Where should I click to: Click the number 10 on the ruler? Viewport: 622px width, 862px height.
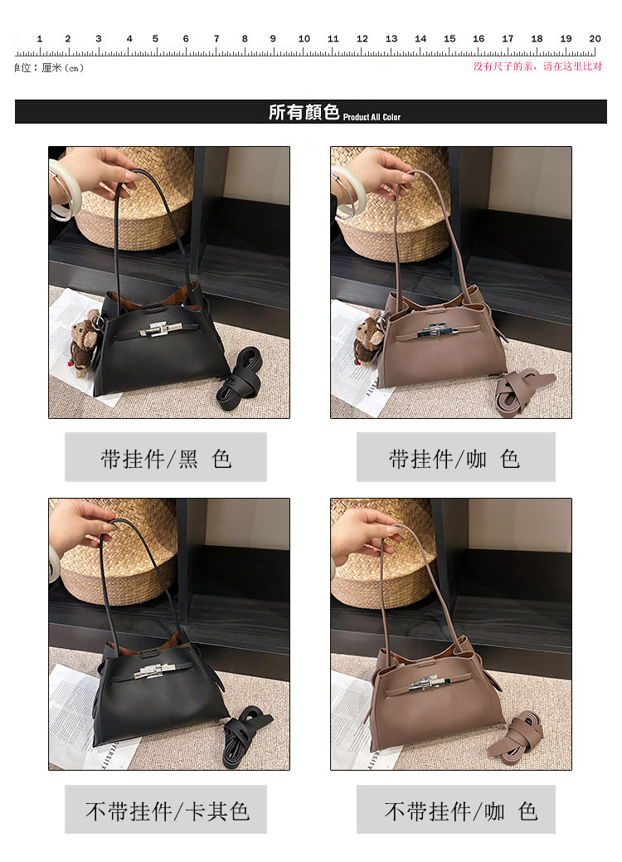click(x=304, y=38)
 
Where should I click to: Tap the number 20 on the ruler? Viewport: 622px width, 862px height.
click(x=595, y=38)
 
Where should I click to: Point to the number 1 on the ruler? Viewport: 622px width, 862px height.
click(x=40, y=38)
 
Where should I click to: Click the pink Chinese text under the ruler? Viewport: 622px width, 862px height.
click(x=538, y=66)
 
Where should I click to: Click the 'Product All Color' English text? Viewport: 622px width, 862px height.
click(x=372, y=117)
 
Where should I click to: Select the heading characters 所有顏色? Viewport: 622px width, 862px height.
click(x=304, y=112)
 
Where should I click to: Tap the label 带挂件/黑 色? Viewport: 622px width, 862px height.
click(x=166, y=459)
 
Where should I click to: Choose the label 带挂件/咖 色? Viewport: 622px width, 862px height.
click(x=454, y=459)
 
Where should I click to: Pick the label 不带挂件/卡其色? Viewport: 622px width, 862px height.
click(x=168, y=811)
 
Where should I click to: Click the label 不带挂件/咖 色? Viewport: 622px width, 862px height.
click(x=460, y=811)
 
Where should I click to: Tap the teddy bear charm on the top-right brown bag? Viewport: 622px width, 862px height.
click(x=369, y=338)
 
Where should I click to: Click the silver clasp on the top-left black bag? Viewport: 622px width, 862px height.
click(x=162, y=329)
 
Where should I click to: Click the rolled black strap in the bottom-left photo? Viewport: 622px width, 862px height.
click(x=246, y=736)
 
